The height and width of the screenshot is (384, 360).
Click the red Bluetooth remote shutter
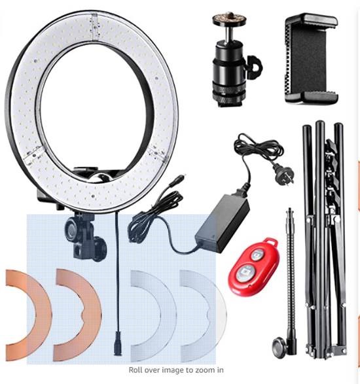pyautogui.click(x=254, y=266)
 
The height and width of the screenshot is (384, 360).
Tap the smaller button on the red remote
pyautogui.click(x=257, y=255)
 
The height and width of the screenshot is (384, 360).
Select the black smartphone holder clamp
pyautogui.click(x=311, y=59)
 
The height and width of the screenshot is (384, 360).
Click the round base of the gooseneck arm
pyautogui.click(x=279, y=345)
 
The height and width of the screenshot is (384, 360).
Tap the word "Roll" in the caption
pyautogui.click(x=135, y=370)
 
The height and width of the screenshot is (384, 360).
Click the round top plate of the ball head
pyautogui.click(x=229, y=19)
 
